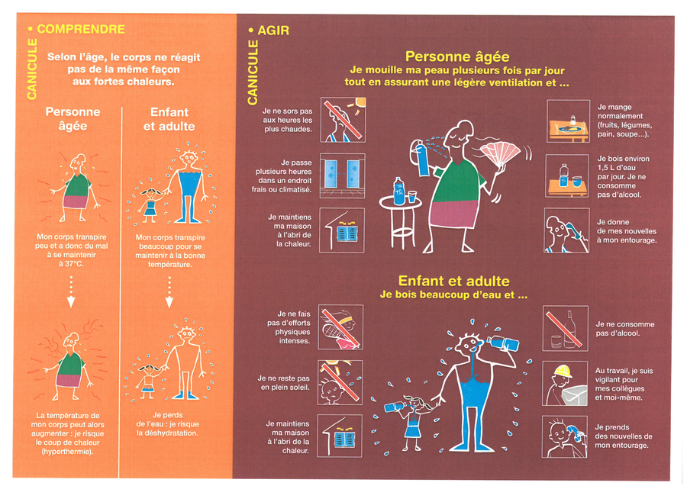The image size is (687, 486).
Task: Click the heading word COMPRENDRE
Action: pyautogui.click(x=81, y=29)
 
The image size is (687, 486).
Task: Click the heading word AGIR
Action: pyautogui.click(x=273, y=31)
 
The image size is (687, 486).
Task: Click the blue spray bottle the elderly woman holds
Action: pyautogui.click(x=422, y=159)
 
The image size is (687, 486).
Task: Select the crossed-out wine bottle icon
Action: pyautogui.click(x=565, y=328)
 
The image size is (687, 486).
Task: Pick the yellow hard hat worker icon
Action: pyautogui.click(x=565, y=384)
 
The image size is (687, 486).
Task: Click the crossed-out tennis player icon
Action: pyautogui.click(x=340, y=327)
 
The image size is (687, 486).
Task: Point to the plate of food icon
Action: pyautogui.click(x=568, y=121)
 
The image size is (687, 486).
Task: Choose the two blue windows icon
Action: pyautogui.click(x=342, y=175)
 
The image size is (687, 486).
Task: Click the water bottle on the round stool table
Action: pyautogui.click(x=398, y=192)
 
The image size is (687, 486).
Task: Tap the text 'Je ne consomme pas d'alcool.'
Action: pyautogui.click(x=624, y=329)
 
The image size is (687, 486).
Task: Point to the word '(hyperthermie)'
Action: pyautogui.click(x=67, y=452)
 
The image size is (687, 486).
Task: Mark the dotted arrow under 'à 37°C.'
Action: pyautogui.click(x=71, y=291)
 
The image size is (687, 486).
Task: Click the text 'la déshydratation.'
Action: pyautogui.click(x=167, y=433)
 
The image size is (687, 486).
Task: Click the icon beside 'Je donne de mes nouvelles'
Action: pyautogui.click(x=566, y=230)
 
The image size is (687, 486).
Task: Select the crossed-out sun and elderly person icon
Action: pyautogui.click(x=343, y=120)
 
